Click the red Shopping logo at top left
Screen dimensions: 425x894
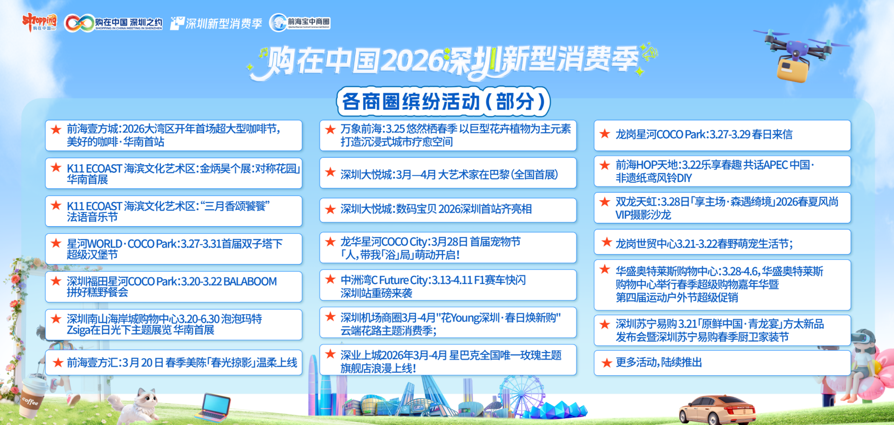click(x=39, y=22)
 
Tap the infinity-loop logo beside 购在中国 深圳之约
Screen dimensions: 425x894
click(x=79, y=23)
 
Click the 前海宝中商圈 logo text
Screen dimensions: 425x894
click(x=308, y=22)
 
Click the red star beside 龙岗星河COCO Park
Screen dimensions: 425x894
click(x=605, y=134)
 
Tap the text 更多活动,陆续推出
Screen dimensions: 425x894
click(x=659, y=362)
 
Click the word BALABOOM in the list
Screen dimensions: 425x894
click(x=250, y=281)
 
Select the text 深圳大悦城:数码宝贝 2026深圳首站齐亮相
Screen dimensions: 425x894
click(x=436, y=209)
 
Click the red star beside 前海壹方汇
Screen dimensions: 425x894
click(x=58, y=363)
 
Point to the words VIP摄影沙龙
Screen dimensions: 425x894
click(x=643, y=215)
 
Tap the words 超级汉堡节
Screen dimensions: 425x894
click(x=92, y=255)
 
